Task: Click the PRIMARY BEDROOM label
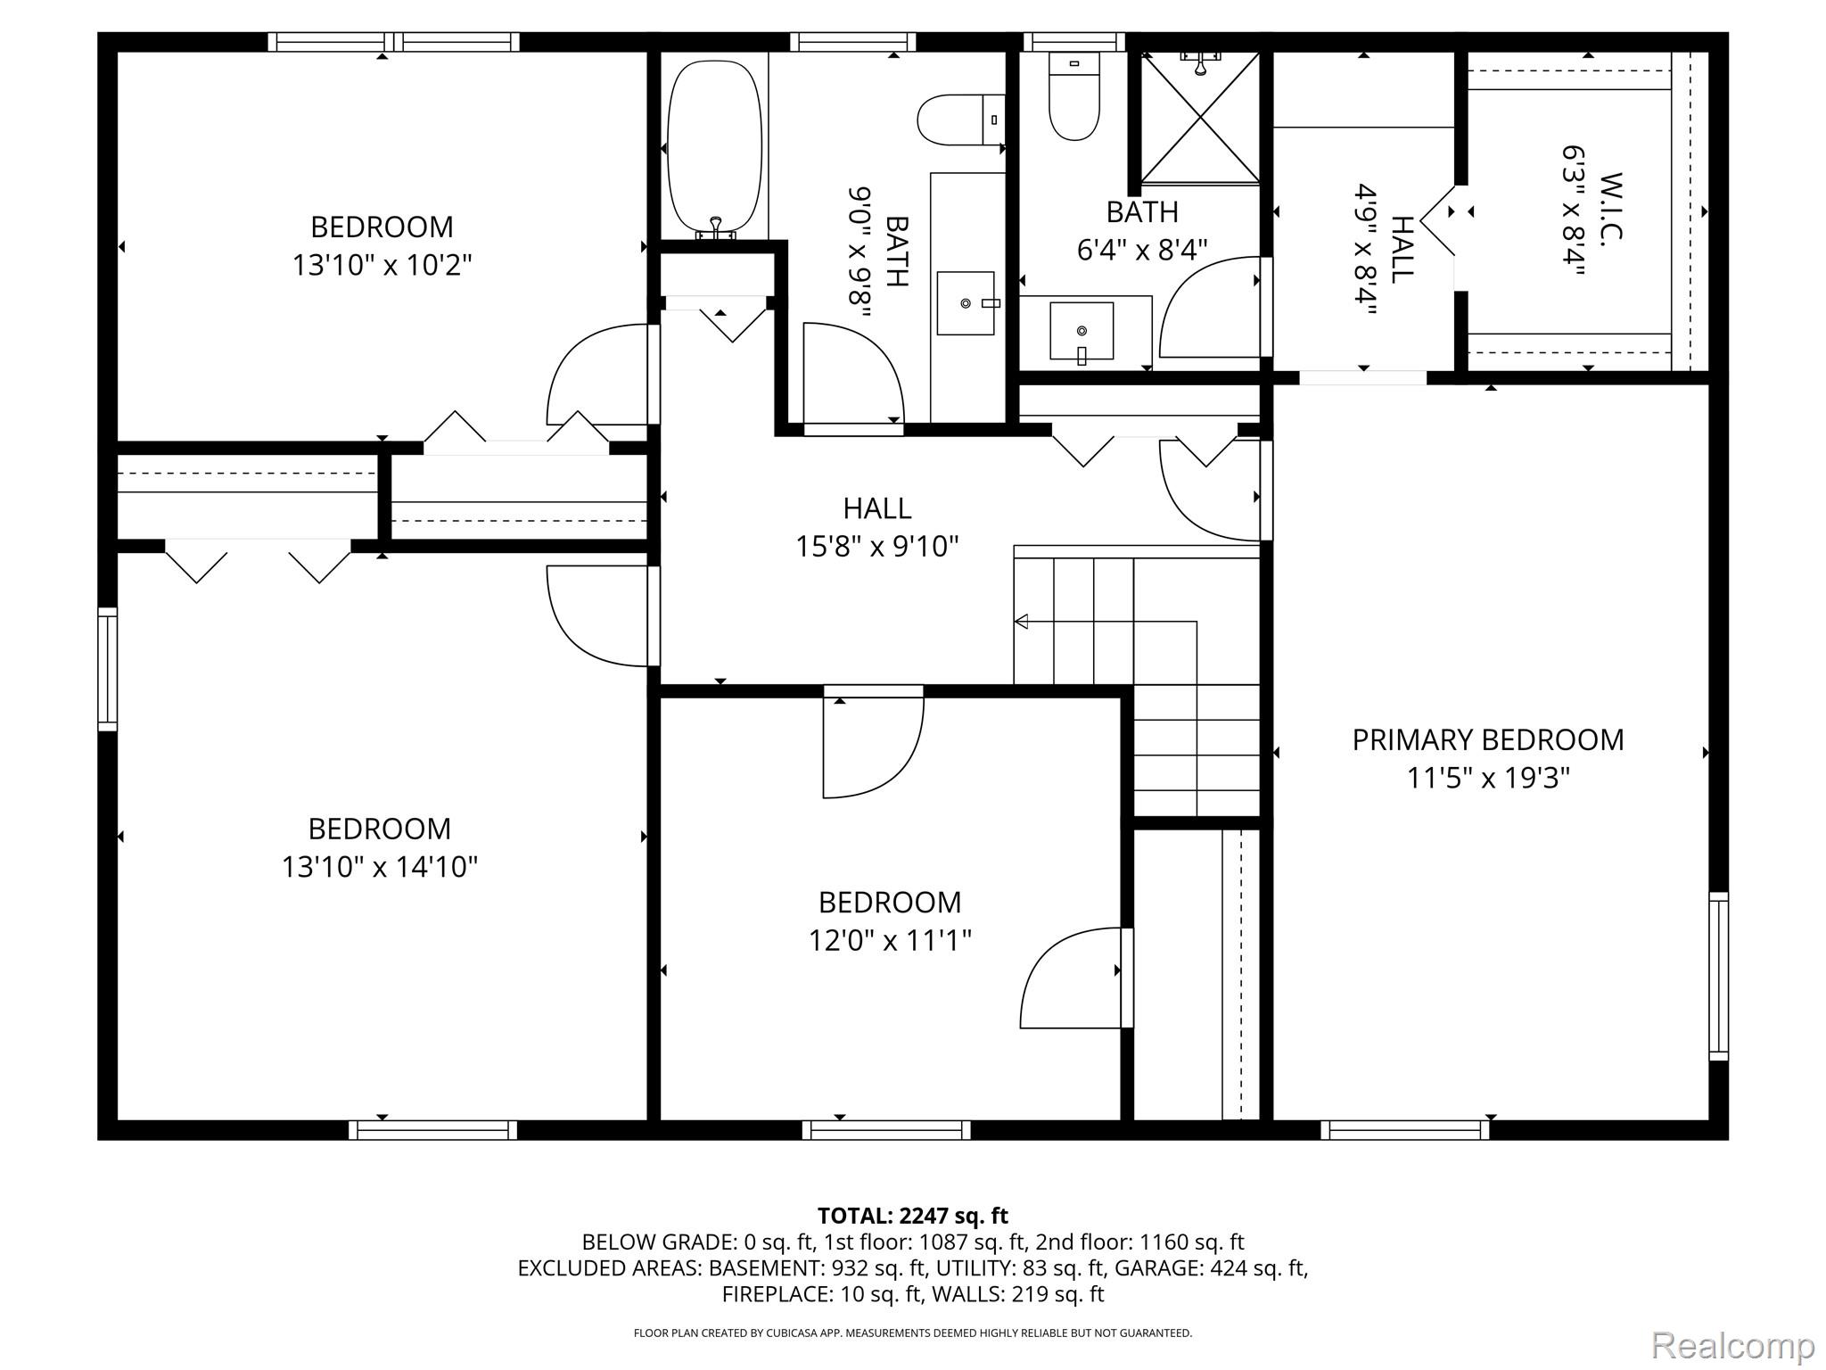(1487, 739)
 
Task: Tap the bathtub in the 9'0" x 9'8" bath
(715, 147)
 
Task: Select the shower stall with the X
(1200, 117)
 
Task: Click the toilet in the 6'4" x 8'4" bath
(1073, 96)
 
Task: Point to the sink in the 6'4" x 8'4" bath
(1082, 331)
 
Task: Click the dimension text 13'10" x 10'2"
(382, 265)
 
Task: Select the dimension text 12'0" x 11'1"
(890, 940)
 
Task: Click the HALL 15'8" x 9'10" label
(877, 526)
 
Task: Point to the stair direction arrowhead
(1021, 622)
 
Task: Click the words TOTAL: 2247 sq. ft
(913, 1216)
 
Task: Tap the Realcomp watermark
(1732, 1344)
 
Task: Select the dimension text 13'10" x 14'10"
(380, 867)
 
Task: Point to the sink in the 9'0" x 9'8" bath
(966, 303)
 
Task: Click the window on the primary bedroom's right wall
(1718, 976)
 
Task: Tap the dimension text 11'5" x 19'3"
(1488, 779)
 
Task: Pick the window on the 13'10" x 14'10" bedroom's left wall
(107, 669)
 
